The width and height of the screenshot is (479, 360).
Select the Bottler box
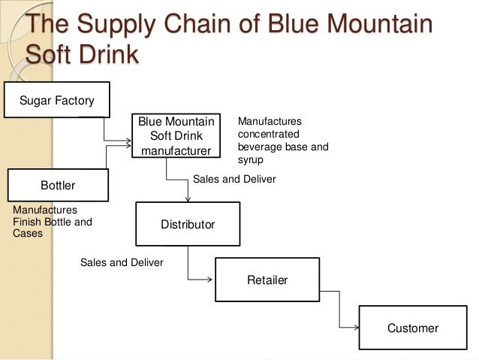[58, 185]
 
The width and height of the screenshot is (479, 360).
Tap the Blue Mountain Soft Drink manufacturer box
[178, 135]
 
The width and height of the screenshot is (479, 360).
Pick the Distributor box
[188, 224]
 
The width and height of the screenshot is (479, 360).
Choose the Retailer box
[267, 280]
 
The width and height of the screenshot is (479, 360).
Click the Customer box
[412, 328]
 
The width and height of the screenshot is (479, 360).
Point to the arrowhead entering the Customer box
[356, 327]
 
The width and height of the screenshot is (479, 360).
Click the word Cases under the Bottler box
[29, 233]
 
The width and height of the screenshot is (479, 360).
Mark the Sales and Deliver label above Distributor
[234, 179]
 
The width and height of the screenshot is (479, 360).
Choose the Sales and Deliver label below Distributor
[121, 262]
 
